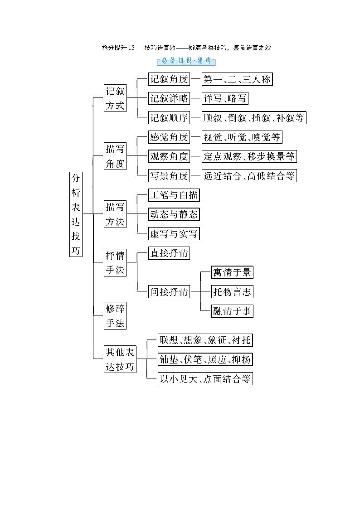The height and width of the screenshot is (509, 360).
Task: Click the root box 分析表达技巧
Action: pyautogui.click(x=76, y=214)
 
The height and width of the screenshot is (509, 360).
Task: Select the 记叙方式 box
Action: pyautogui.click(x=115, y=98)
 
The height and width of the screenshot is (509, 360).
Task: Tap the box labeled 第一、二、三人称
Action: pyautogui.click(x=237, y=79)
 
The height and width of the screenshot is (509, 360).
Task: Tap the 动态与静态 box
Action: pyautogui.click(x=174, y=214)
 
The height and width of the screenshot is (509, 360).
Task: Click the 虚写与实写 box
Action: pyautogui.click(x=174, y=234)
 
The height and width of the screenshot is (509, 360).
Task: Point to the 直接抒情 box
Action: pyautogui.click(x=169, y=253)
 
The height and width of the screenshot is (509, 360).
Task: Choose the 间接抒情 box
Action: pyautogui.click(x=169, y=291)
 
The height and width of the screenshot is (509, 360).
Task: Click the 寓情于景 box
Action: pyautogui.click(x=232, y=272)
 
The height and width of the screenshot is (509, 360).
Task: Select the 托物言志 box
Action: pyautogui.click(x=232, y=291)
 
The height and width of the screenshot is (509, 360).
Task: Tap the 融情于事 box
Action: pyautogui.click(x=232, y=311)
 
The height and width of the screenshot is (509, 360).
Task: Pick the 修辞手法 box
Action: pyautogui.click(x=115, y=316)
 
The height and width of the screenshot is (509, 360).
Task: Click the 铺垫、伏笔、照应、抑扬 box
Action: pyautogui.click(x=205, y=359)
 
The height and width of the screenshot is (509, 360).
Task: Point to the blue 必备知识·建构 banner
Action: pyautogui.click(x=186, y=61)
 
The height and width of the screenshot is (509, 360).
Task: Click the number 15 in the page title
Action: pyautogui.click(x=131, y=48)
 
